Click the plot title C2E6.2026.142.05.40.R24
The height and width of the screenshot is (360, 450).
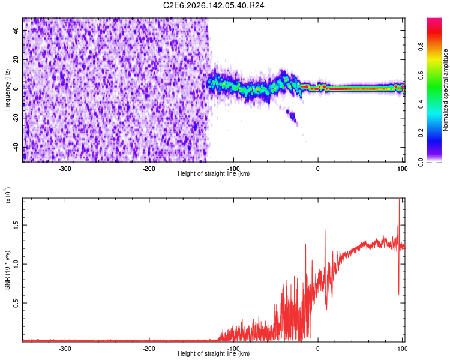point(214,5)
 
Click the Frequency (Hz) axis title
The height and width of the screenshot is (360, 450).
point(7,90)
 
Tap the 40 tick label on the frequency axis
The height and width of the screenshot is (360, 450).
point(16,30)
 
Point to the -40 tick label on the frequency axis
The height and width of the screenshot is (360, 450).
point(16,146)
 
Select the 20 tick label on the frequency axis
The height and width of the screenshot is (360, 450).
point(16,59)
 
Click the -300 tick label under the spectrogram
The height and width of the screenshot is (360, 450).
point(65,169)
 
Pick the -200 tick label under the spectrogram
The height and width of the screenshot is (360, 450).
point(149,169)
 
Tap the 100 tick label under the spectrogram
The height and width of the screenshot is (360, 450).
point(402,169)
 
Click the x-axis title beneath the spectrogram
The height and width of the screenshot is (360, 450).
point(214,173)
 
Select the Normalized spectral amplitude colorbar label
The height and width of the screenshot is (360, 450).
point(445,90)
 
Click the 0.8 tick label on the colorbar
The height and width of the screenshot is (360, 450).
point(421,46)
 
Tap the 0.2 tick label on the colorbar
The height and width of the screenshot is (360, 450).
point(421,133)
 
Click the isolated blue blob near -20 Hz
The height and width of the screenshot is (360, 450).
point(292,116)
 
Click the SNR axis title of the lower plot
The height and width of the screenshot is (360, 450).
point(7,270)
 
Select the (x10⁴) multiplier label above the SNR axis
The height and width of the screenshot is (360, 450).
point(7,195)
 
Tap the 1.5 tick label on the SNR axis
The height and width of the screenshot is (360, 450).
point(16,225)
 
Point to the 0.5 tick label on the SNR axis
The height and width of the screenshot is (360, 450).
point(16,303)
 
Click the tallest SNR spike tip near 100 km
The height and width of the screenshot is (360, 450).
point(399,199)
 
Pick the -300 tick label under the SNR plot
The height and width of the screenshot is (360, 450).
point(65,349)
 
